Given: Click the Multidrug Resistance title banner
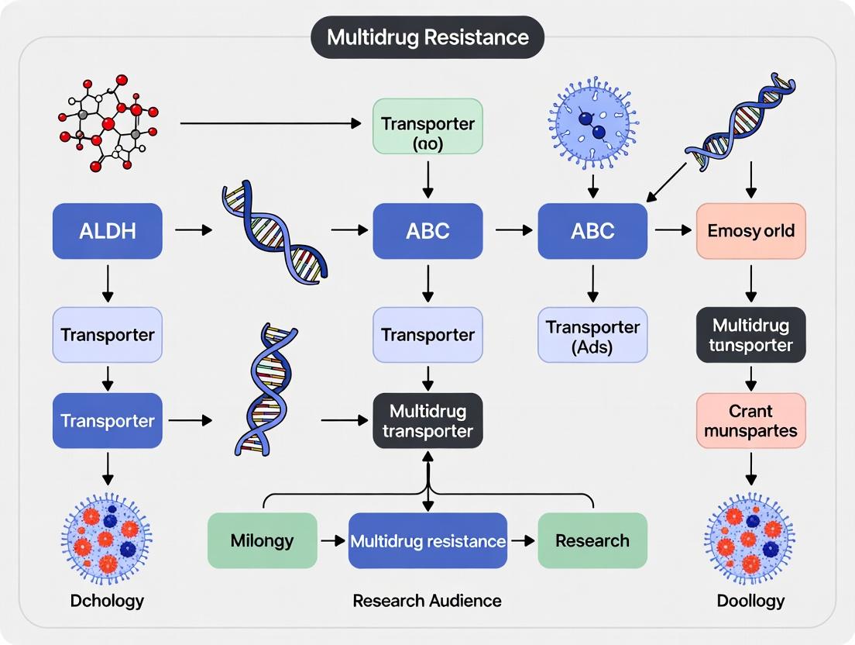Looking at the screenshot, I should click(428, 37).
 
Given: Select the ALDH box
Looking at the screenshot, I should click(108, 231).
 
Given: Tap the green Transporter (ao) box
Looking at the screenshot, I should click(428, 125).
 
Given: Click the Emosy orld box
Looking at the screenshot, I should click(750, 231).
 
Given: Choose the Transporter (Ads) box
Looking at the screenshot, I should click(592, 335).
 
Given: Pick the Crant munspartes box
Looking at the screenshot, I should click(750, 420).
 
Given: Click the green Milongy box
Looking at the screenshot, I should click(263, 540).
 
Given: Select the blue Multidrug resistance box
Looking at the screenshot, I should click(428, 540).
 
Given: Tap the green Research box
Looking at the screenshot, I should click(592, 540).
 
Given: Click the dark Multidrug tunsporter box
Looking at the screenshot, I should click(750, 335).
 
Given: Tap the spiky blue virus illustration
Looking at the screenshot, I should click(592, 122).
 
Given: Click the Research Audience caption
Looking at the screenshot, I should click(427, 601).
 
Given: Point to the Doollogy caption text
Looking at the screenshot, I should click(750, 601).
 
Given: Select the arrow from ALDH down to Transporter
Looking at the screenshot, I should click(108, 283).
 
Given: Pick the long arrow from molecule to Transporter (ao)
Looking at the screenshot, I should click(271, 122).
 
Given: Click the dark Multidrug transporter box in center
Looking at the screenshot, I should click(428, 420).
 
